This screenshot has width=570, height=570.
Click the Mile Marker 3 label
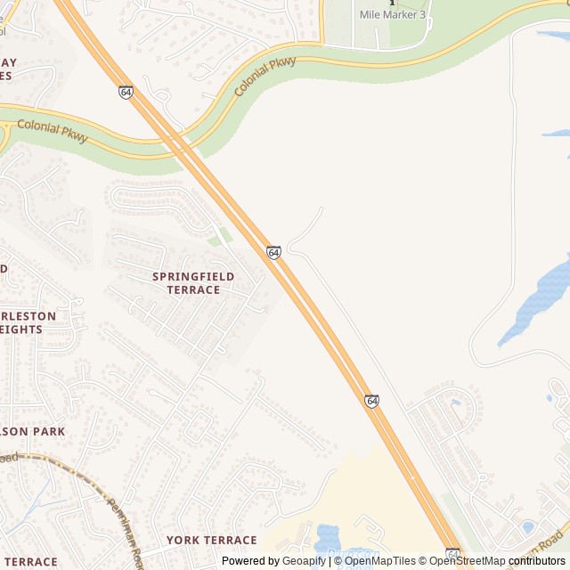click(392, 15)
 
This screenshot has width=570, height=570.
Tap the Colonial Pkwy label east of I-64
click(265, 77)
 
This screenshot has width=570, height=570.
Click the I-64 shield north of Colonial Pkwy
click(126, 92)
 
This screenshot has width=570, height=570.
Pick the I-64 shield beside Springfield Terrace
click(273, 253)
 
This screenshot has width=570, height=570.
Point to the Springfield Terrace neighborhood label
click(193, 283)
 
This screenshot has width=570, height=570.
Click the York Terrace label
click(211, 541)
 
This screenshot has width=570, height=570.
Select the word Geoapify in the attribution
click(304, 561)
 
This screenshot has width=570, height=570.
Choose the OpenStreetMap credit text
click(468, 561)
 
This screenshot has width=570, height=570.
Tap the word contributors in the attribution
click(537, 561)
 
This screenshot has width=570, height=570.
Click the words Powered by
click(250, 561)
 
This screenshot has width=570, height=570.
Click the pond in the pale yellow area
click(326, 536)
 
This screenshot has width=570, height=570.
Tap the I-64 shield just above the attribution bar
click(452, 553)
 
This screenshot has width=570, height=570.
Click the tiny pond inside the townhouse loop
click(456, 403)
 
